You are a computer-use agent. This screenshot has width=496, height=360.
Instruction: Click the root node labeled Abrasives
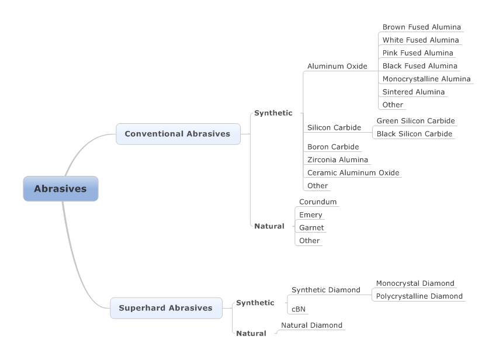tap(60, 189)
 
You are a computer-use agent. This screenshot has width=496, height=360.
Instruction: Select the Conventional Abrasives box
tap(178, 134)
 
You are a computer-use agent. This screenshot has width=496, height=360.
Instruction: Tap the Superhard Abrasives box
tap(166, 308)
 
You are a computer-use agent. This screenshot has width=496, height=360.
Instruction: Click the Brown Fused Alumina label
tap(421, 27)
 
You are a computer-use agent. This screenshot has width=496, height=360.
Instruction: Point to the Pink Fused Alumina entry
tap(417, 53)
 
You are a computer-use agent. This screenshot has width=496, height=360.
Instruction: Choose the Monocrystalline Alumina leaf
tap(426, 79)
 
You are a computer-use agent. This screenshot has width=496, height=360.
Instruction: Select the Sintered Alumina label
tap(413, 92)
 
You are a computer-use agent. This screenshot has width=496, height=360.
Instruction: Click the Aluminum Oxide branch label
tap(337, 66)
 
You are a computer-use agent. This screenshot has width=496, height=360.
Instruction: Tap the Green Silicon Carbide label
tap(415, 121)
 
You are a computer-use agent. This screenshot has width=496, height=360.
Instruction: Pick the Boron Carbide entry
tap(333, 147)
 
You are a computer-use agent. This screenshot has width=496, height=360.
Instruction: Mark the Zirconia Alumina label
tap(338, 160)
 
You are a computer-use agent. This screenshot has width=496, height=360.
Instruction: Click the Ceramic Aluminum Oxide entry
tap(353, 172)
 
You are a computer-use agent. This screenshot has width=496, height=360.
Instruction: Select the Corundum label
tap(318, 202)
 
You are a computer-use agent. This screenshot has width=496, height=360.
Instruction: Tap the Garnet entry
tap(311, 227)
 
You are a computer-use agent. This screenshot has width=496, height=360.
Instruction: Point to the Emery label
tap(310, 214)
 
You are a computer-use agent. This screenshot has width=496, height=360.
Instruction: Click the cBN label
tap(299, 309)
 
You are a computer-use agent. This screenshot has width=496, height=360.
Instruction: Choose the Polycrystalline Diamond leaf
tap(419, 296)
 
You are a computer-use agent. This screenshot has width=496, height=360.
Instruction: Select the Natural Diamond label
tap(311, 325)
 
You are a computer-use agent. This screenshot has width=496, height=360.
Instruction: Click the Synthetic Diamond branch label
tap(325, 290)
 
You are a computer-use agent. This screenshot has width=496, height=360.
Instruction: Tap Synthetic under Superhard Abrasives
tap(255, 303)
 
